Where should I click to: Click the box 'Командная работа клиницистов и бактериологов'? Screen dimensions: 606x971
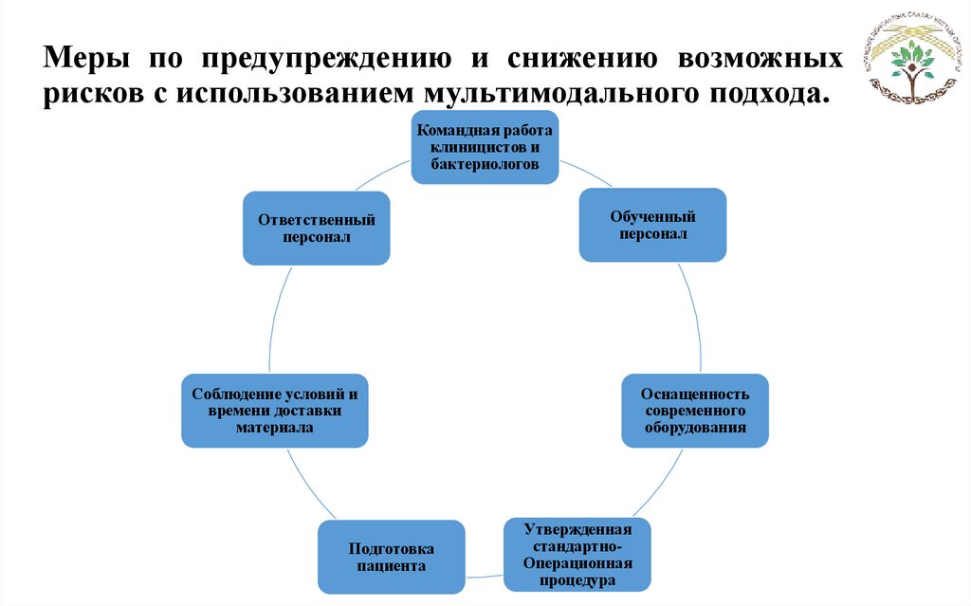point(485,147)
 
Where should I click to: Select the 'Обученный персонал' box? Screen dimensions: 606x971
point(652,225)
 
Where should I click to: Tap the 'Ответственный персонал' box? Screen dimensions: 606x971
point(316,228)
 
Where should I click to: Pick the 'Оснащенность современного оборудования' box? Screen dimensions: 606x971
point(695,410)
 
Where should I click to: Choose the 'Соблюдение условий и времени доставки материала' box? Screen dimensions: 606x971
point(274,411)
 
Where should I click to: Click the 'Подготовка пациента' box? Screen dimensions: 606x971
point(391,557)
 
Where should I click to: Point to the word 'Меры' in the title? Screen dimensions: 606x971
point(83,59)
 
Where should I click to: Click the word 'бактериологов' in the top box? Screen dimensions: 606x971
point(485,164)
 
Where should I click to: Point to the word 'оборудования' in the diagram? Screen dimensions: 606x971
point(695,427)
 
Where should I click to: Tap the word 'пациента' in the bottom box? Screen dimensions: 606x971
point(391,566)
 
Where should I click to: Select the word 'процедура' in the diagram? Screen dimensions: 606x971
point(576,580)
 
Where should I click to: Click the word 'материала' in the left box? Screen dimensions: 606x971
point(274,428)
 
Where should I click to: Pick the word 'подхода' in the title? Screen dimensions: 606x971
point(765,95)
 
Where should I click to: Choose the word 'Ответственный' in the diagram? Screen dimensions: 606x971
point(316,220)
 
